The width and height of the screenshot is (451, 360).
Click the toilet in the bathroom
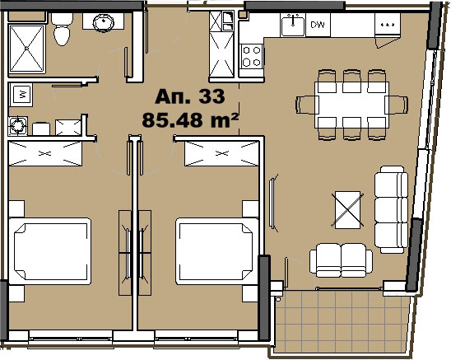click(62, 29)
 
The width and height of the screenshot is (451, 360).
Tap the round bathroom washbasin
click(104, 22)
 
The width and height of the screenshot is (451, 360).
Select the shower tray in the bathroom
click(27, 49)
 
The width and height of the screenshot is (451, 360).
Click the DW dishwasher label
click(318, 25)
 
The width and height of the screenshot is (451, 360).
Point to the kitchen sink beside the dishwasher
click(293, 26)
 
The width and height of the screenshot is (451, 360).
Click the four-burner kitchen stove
click(252, 56)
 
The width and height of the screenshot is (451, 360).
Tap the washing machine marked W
click(21, 94)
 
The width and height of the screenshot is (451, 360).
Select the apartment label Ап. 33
click(190, 96)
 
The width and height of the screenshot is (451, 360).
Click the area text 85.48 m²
click(190, 119)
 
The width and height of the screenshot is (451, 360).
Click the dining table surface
click(351, 105)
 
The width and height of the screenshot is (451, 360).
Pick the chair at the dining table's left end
click(306, 105)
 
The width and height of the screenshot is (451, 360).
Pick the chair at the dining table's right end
click(398, 105)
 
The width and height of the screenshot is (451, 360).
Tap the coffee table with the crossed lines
click(348, 210)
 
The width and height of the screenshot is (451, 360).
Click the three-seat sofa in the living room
click(391, 209)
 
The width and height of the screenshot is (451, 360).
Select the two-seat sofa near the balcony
click(341, 260)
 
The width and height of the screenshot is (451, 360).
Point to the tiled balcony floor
click(342, 321)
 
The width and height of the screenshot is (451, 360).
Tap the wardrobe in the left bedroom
click(45, 153)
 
